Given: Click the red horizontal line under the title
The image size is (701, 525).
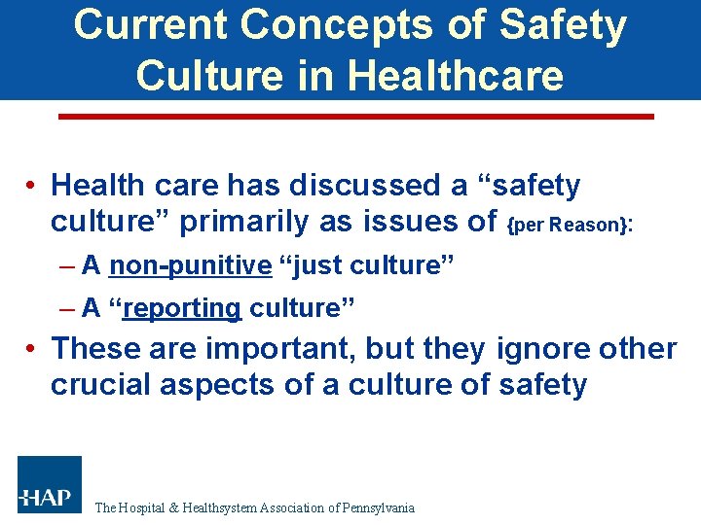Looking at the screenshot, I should pyautogui.click(x=356, y=117).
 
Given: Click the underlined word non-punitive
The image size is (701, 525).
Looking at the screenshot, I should pyautogui.click(x=190, y=265).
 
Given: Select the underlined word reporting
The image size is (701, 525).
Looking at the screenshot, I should pyautogui.click(x=182, y=308).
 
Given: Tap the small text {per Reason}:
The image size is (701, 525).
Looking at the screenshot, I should pyautogui.click(x=571, y=225).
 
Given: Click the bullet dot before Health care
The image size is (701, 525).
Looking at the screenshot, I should pyautogui.click(x=32, y=186).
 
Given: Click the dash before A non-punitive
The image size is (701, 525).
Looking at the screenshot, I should pyautogui.click(x=67, y=265).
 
